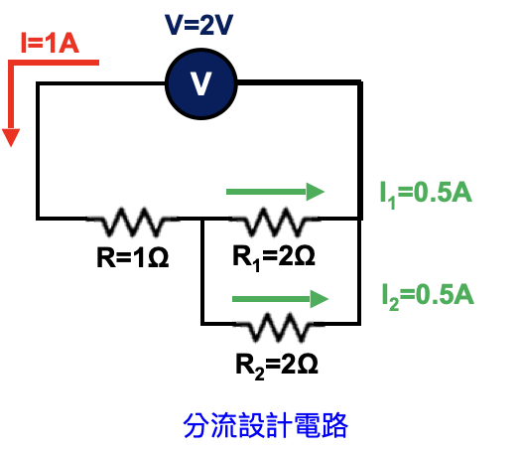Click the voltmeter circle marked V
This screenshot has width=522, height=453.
(x=201, y=83)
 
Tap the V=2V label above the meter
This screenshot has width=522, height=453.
(x=198, y=25)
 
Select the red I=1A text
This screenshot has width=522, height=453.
(x=50, y=43)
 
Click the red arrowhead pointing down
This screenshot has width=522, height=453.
(x=11, y=137)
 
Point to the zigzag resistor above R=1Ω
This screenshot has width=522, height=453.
(x=133, y=222)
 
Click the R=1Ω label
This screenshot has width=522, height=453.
(x=133, y=257)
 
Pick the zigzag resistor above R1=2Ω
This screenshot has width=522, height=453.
(x=275, y=222)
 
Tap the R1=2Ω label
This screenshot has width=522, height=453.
(x=274, y=257)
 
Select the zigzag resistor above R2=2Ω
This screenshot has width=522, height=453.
(x=279, y=327)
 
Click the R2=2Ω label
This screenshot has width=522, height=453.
(x=277, y=366)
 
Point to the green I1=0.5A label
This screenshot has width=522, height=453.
(x=426, y=194)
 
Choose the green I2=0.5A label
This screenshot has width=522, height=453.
(x=428, y=296)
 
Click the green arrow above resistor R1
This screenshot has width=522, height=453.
(x=275, y=192)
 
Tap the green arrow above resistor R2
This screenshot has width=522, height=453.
(x=280, y=299)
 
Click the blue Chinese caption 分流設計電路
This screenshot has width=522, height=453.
(x=265, y=425)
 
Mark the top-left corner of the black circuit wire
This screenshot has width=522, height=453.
(x=38, y=83)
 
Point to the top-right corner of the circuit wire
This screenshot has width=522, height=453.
(x=360, y=82)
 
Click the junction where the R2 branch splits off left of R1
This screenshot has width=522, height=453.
(x=202, y=219)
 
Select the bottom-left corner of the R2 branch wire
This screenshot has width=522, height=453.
(x=202, y=323)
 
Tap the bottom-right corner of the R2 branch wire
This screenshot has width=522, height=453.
(x=359, y=323)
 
